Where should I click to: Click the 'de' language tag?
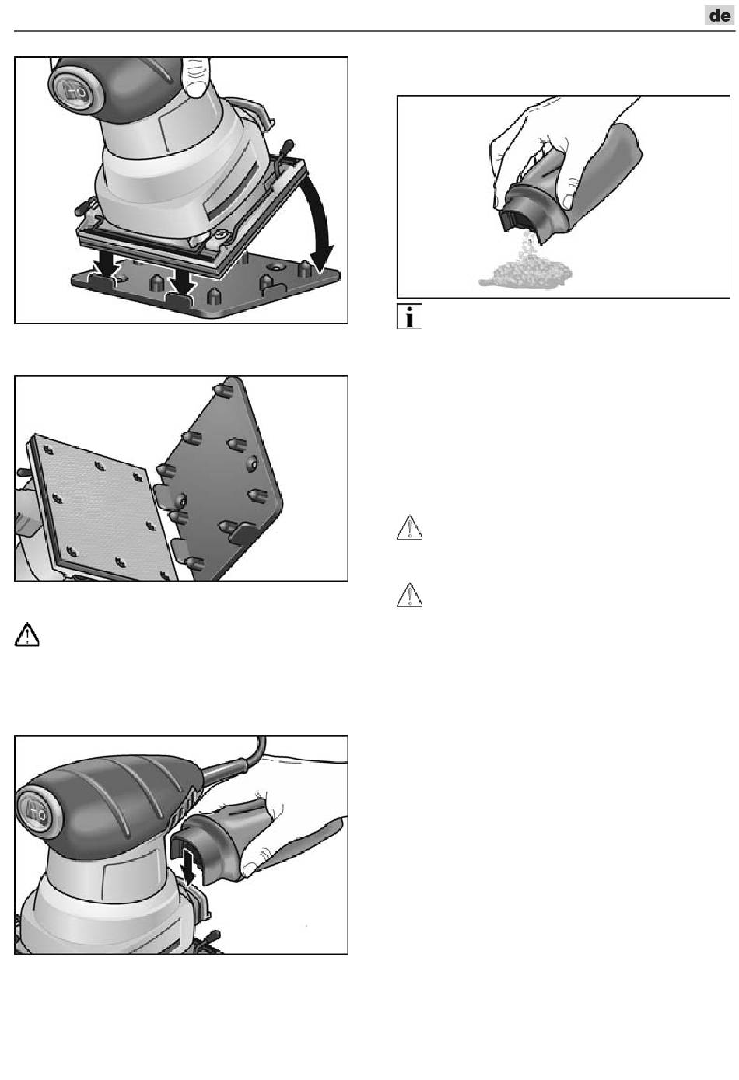pyautogui.click(x=720, y=16)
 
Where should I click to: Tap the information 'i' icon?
pyautogui.click(x=409, y=316)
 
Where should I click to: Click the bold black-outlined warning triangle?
pyautogui.click(x=27, y=634)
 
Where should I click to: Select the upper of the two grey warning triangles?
pyautogui.click(x=409, y=527)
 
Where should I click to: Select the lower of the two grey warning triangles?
pyautogui.click(x=409, y=595)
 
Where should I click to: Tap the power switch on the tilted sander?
pyautogui.click(x=74, y=89)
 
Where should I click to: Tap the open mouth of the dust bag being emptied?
pyautogui.click(x=513, y=215)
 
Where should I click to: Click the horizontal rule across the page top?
pyautogui.click(x=374, y=31)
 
